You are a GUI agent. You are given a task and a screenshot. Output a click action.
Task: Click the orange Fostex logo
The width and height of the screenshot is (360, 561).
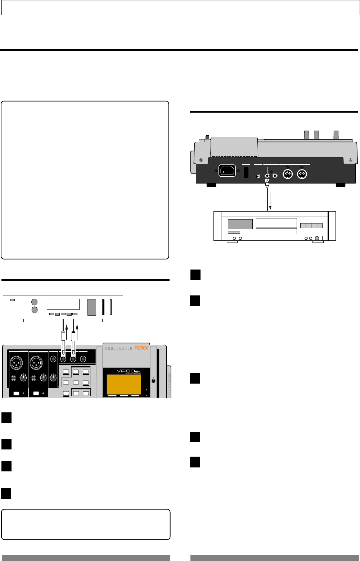[141, 348]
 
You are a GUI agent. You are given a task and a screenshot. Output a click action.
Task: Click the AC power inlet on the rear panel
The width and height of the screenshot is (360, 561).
[227, 171]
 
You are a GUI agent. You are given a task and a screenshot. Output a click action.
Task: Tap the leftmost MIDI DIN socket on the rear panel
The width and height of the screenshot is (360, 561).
[287, 175]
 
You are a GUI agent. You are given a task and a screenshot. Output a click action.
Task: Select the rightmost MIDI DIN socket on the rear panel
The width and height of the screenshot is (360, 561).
[302, 175]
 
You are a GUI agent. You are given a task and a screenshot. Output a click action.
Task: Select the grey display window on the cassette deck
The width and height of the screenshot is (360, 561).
[240, 224]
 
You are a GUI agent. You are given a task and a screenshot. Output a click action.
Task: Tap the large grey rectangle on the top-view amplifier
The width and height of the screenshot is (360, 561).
[92, 307]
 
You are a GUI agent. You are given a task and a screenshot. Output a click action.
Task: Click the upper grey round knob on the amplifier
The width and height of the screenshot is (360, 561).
[35, 302]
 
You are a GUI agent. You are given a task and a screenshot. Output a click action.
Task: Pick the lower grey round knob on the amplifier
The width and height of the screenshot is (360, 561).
[35, 310]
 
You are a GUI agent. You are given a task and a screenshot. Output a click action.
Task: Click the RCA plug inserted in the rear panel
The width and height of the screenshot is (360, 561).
[267, 184]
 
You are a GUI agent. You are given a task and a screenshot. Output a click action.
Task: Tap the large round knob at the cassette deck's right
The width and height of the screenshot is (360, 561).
[317, 238]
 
